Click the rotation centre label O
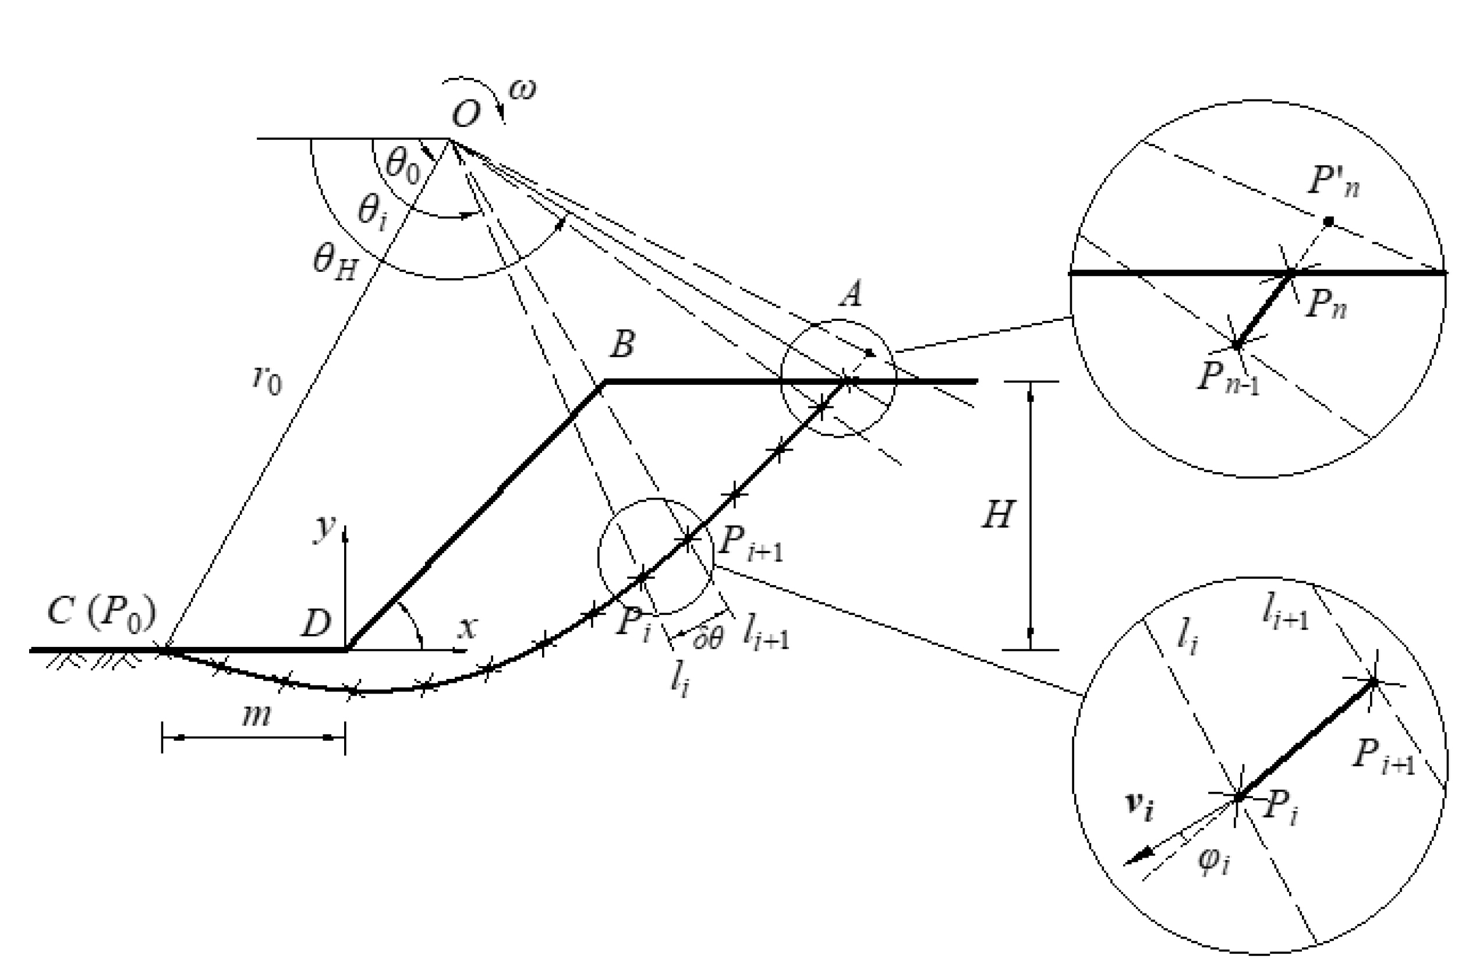pyautogui.click(x=465, y=115)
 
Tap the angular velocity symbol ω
pyautogui.click(x=522, y=90)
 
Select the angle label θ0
pyautogui.click(x=403, y=166)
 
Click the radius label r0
pyautogui.click(x=267, y=379)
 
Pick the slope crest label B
pyautogui.click(x=622, y=344)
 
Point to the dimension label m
pyautogui.click(x=256, y=716)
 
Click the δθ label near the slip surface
pyautogui.click(x=709, y=638)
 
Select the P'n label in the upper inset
pyautogui.click(x=1333, y=182)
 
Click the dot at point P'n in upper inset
pyautogui.click(x=1328, y=221)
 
